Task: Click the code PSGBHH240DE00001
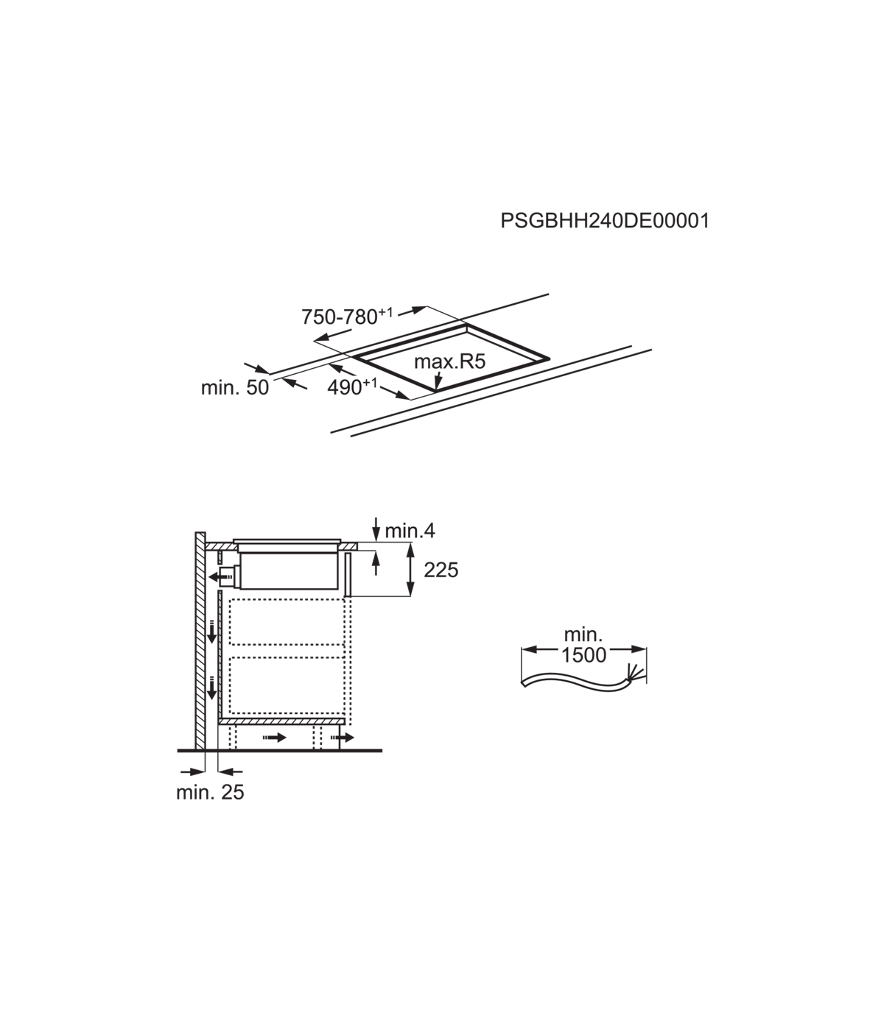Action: click(605, 221)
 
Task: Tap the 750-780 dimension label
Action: click(347, 317)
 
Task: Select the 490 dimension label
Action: click(351, 387)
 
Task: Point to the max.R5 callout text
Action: click(450, 361)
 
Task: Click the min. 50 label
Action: click(234, 387)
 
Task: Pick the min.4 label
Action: click(410, 531)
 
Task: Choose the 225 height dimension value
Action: click(441, 571)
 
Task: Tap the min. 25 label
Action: click(210, 792)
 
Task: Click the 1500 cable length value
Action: click(583, 655)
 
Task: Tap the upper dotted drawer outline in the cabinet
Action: click(287, 622)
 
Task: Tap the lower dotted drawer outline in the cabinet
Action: click(287, 685)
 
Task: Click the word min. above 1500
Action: click(583, 635)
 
